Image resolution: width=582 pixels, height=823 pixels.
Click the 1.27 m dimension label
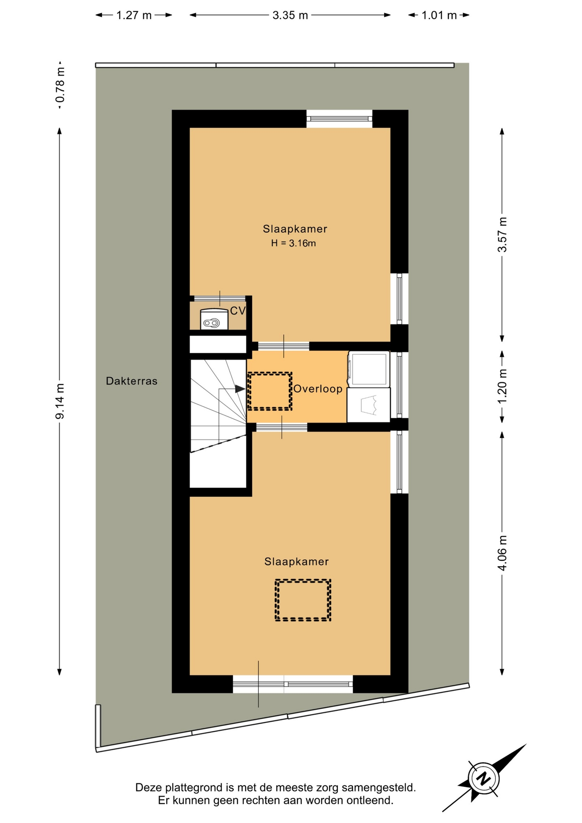[134, 15]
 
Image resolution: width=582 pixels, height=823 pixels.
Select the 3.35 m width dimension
[290, 15]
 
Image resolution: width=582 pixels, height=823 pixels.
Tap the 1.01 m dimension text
[439, 15]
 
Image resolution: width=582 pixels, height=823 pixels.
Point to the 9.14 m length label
[60, 401]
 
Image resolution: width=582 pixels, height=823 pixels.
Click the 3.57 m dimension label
[502, 234]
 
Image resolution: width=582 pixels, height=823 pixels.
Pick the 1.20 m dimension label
[502, 385]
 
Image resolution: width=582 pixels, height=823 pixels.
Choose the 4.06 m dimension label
[502, 553]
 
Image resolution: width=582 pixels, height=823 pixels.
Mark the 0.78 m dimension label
[60, 85]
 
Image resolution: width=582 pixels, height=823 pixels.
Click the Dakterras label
[132, 381]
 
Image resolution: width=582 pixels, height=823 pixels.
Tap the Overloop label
[318, 389]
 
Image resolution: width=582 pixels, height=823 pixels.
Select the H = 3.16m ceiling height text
[294, 243]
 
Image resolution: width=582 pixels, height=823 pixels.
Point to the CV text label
[238, 311]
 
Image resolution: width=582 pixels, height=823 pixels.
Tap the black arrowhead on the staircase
[240, 389]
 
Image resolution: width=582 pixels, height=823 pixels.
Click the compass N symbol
[484, 778]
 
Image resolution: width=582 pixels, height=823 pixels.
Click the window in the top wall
[339, 119]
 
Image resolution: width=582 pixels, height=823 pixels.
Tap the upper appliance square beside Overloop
[369, 369]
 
